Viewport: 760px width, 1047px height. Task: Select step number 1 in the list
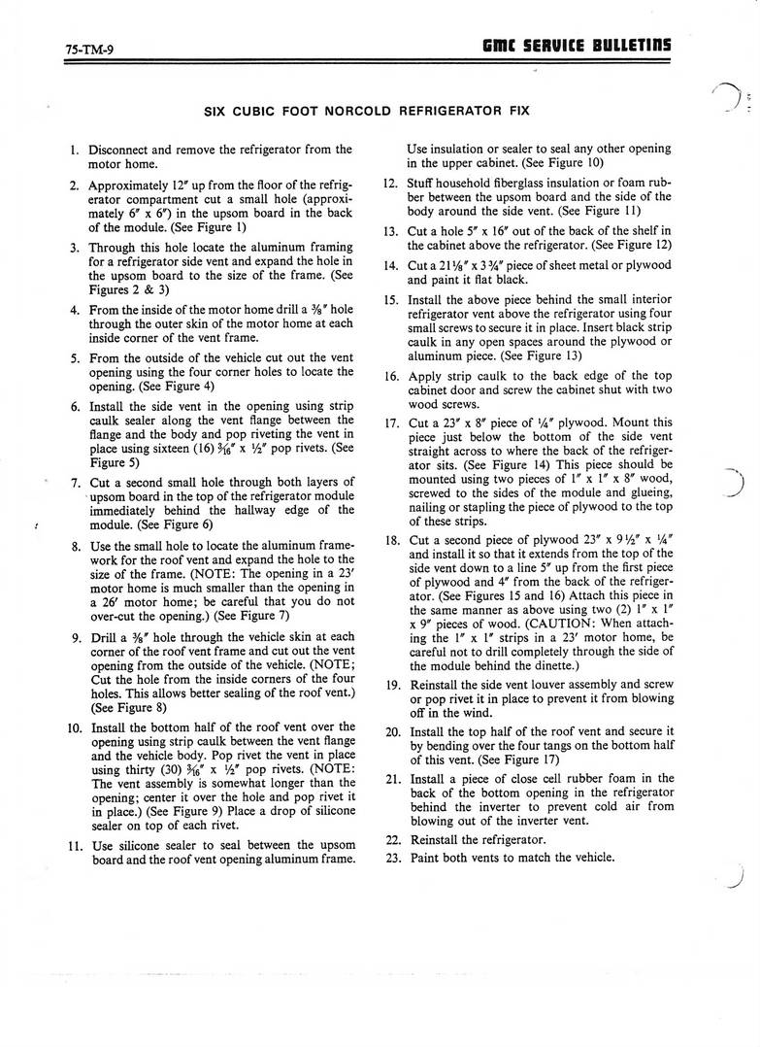tap(75, 150)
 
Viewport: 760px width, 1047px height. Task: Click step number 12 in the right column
tap(389, 183)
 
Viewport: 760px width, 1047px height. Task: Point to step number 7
tap(75, 482)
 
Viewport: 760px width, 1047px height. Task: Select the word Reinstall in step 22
tap(439, 840)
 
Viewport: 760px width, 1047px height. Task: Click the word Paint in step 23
tap(426, 858)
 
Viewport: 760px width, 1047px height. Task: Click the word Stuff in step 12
tap(422, 183)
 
